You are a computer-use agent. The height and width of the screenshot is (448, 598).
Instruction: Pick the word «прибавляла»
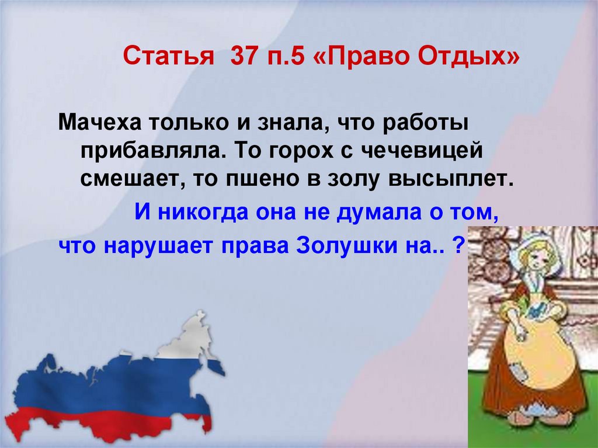pyautogui.click(x=152, y=150)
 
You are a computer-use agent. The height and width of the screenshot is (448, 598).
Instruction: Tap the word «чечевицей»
pyautogui.click(x=417, y=150)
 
